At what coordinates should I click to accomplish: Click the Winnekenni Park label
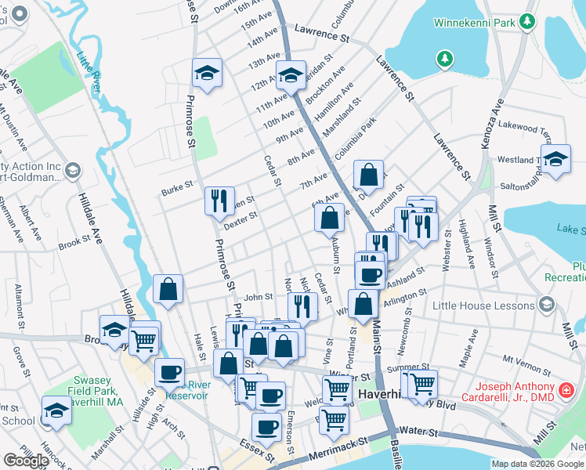click(x=476, y=23)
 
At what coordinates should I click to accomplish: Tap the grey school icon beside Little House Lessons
click(x=546, y=305)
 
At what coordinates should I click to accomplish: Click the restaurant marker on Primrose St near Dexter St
click(x=219, y=200)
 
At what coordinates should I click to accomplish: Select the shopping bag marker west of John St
click(x=168, y=289)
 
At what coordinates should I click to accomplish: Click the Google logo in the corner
click(x=26, y=461)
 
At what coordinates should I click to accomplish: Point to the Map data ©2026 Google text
click(x=537, y=464)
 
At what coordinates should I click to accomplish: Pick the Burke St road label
click(x=177, y=186)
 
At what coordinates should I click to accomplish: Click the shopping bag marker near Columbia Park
click(x=368, y=175)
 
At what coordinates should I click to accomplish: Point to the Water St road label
click(x=414, y=431)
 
